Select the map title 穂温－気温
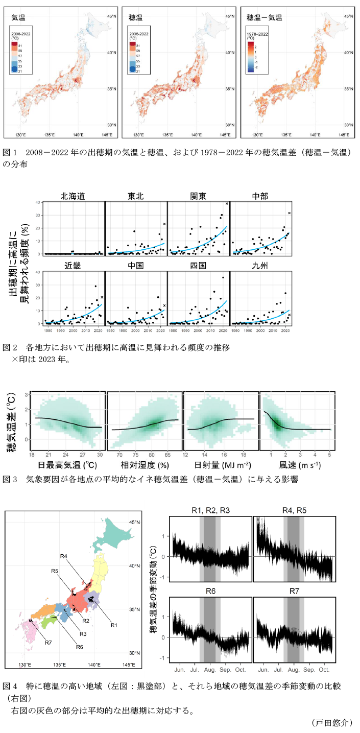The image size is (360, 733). coord(264,17)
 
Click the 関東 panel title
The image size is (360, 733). coord(199,195)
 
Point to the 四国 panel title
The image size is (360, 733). coord(199,266)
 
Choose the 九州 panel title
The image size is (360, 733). coord(261,266)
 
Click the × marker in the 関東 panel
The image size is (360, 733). coord(227,203)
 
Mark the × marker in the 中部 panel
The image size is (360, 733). coord(289,213)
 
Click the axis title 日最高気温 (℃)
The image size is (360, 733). coord(67,466)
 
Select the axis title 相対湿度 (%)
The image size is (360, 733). coord(145,466)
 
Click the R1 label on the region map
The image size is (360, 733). coord(114,625)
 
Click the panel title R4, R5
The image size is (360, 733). coord(295,510)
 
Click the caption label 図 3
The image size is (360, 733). coord(11,479)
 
